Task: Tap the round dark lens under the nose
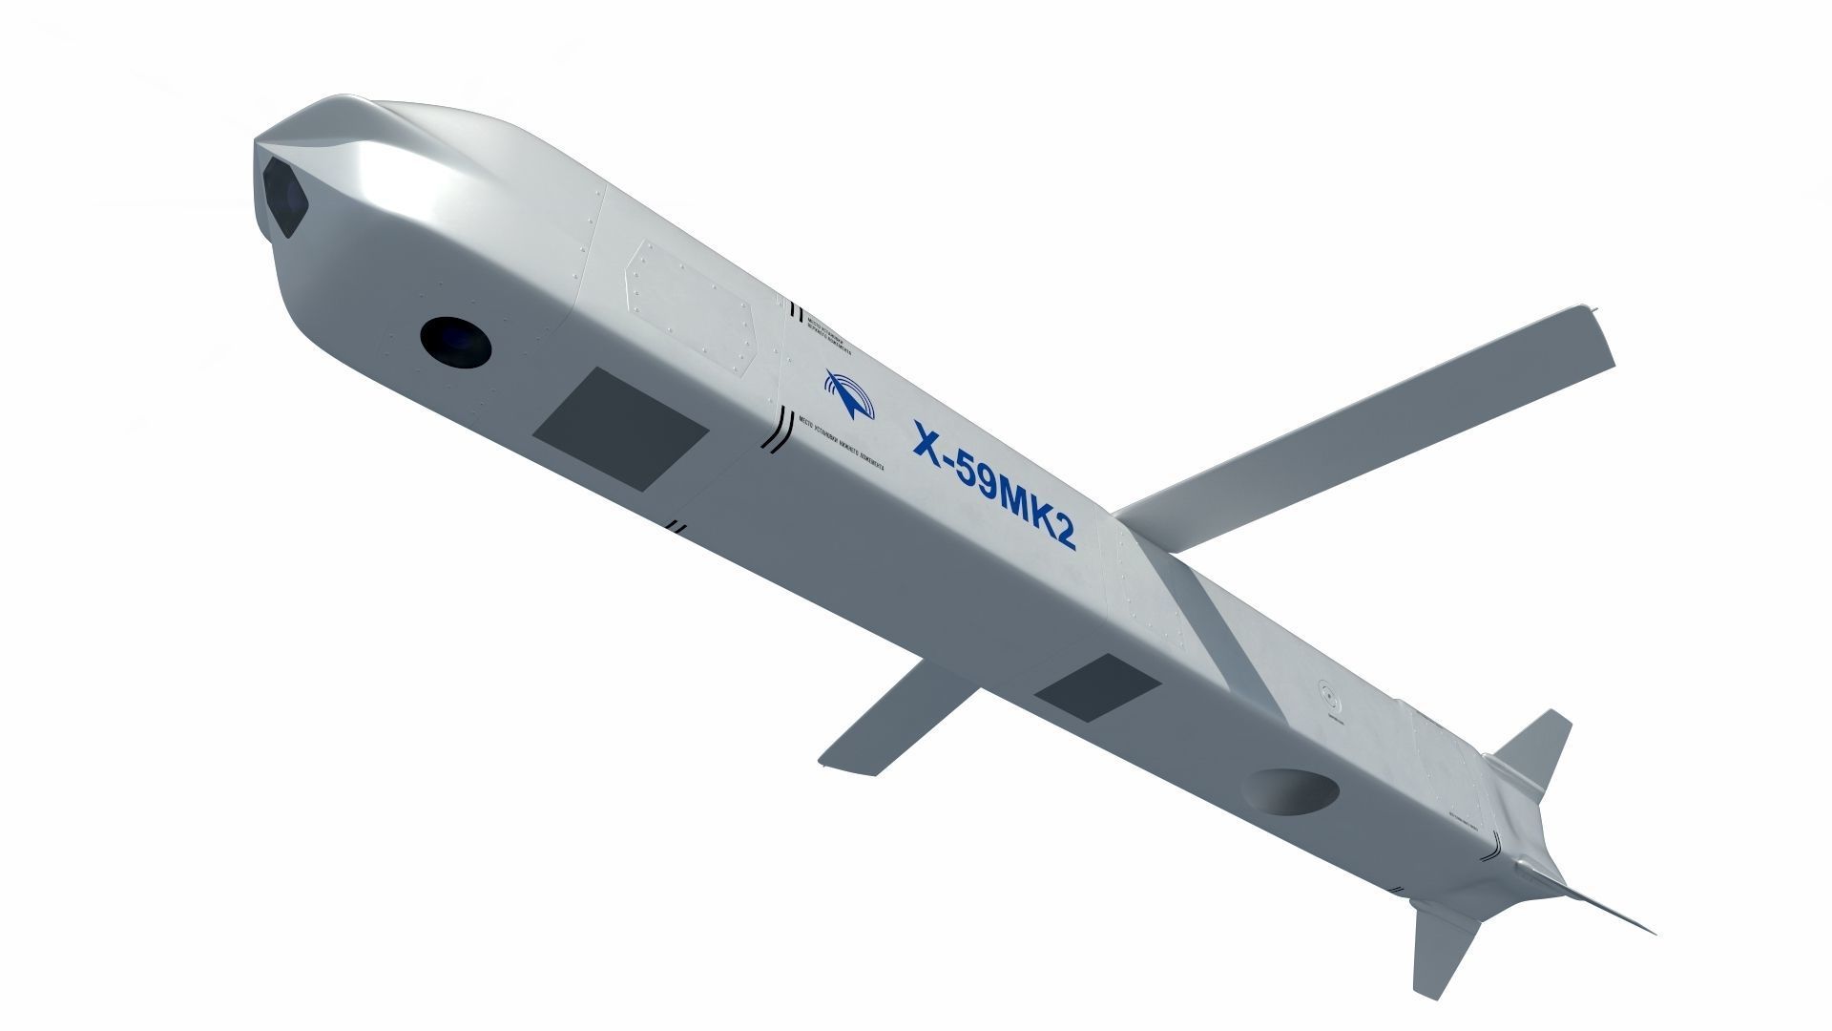[455, 341]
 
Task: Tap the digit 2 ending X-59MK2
[1064, 536]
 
